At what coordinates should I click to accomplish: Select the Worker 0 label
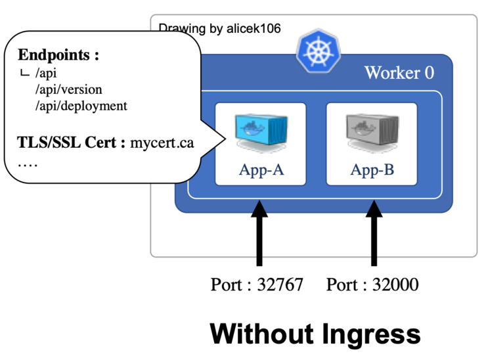pyautogui.click(x=399, y=72)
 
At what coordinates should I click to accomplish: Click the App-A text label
pyautogui.click(x=261, y=170)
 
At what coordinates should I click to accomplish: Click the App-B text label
pyautogui.click(x=372, y=170)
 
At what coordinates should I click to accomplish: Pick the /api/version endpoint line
pyautogui.click(x=69, y=89)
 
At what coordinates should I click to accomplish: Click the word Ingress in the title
pyautogui.click(x=366, y=334)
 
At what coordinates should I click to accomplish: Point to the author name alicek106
pyautogui.click(x=252, y=28)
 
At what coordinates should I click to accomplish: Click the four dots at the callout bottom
pyautogui.click(x=27, y=162)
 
